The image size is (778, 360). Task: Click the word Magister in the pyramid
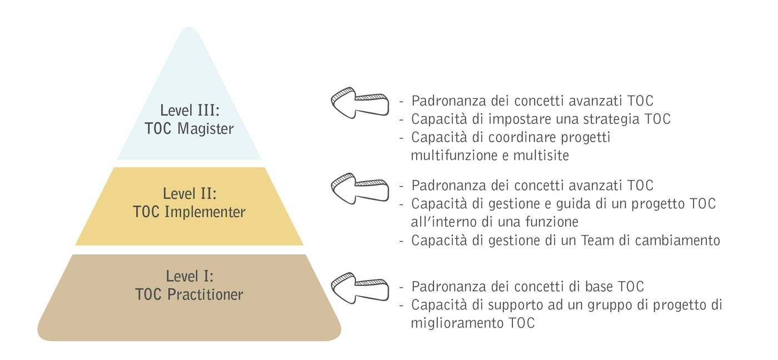(206, 129)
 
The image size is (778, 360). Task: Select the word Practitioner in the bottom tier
(206, 294)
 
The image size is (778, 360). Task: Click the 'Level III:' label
(189, 109)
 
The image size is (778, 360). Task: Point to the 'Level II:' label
(189, 194)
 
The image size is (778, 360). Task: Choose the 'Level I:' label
(189, 276)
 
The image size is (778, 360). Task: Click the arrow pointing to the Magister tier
(360, 103)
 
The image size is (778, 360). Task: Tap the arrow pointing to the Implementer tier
(360, 188)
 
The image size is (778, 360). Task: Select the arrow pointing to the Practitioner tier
(360, 288)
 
